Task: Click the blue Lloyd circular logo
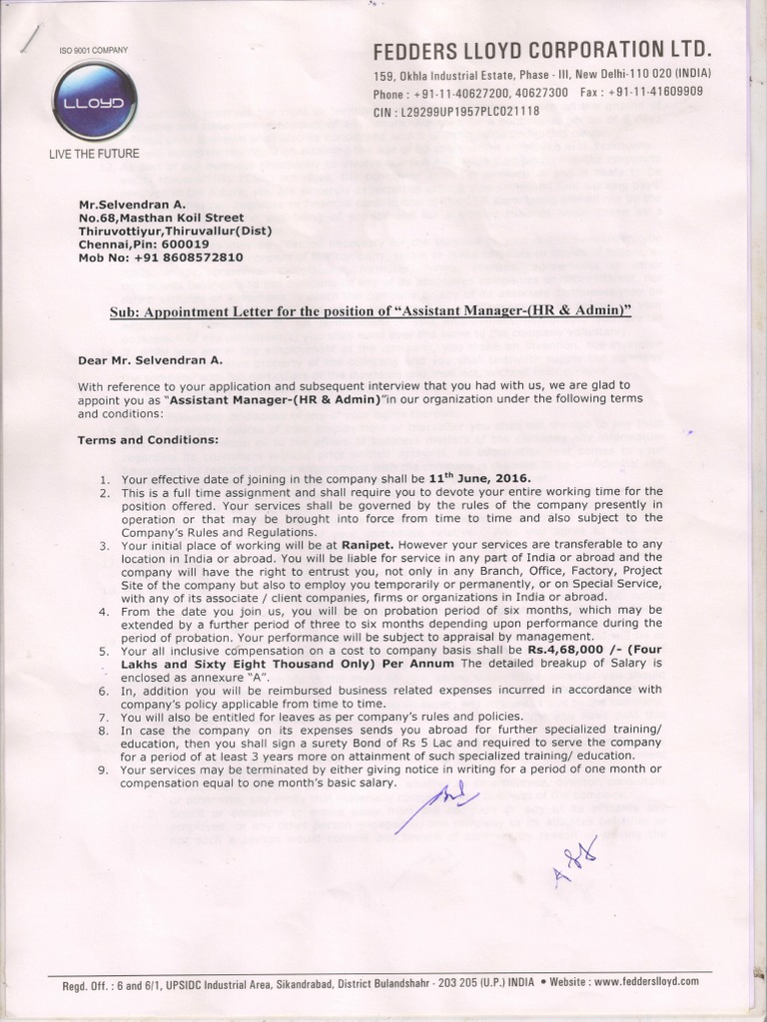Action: point(94,103)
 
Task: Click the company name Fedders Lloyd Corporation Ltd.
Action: point(542,51)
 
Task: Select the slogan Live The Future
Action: point(94,154)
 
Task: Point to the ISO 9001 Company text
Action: point(94,49)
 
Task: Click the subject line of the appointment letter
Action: point(371,311)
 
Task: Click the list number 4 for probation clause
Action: point(105,609)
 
